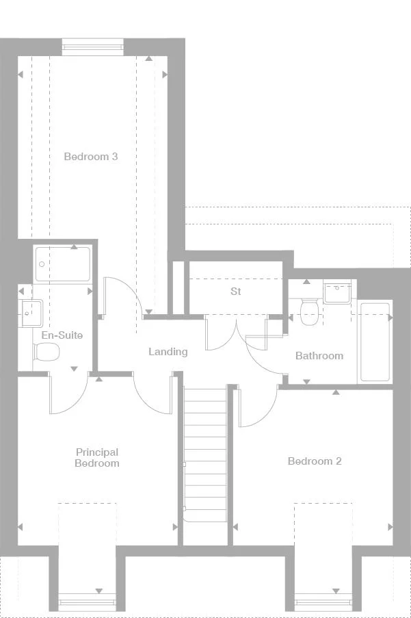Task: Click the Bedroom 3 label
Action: (x=91, y=157)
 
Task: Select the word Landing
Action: (x=168, y=352)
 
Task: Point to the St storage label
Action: (x=236, y=292)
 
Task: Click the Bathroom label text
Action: (x=319, y=356)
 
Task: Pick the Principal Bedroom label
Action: (x=97, y=458)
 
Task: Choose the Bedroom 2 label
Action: (x=314, y=461)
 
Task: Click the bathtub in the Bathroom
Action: (x=375, y=342)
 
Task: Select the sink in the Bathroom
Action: (x=337, y=293)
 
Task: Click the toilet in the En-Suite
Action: (x=47, y=352)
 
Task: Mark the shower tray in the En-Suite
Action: (x=62, y=264)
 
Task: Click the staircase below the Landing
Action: (x=204, y=459)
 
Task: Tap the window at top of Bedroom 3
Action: (x=93, y=47)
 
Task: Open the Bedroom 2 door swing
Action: (x=256, y=407)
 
